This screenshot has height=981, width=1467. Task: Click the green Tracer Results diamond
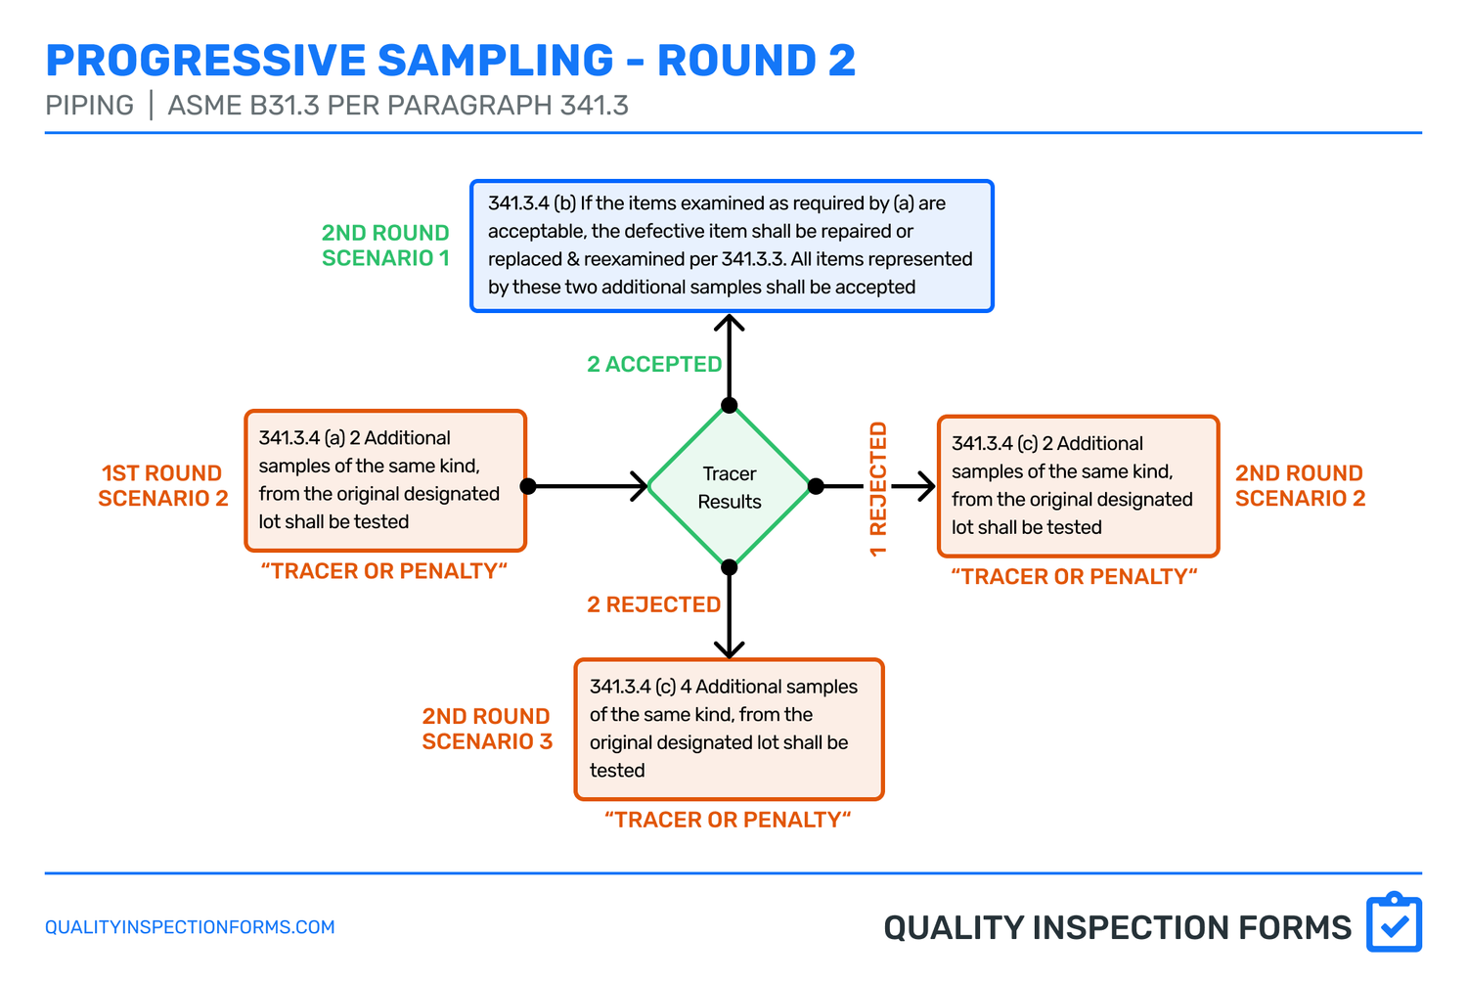730,486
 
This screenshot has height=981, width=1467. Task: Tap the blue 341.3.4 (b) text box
732,245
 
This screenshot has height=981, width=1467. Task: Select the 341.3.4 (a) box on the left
385,480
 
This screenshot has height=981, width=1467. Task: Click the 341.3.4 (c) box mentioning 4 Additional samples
729,729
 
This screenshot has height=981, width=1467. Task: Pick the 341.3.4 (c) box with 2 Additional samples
1078,486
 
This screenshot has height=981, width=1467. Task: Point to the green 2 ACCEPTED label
653,365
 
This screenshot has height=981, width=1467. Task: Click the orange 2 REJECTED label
653,605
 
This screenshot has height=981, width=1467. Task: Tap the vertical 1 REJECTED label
878,489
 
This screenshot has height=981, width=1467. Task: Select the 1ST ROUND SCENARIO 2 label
162,486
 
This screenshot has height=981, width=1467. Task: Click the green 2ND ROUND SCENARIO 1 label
385,245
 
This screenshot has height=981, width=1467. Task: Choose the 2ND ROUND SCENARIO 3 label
487,729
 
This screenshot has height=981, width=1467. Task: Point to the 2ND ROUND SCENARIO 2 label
1300,486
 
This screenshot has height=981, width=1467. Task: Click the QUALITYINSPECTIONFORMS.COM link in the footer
190,927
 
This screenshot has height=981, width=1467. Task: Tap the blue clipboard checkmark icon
1394,922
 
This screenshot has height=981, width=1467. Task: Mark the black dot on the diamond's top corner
730,405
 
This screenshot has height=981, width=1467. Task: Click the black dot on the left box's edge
528,486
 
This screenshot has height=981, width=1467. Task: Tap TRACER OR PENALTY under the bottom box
728,820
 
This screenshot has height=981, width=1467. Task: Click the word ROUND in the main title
735,61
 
